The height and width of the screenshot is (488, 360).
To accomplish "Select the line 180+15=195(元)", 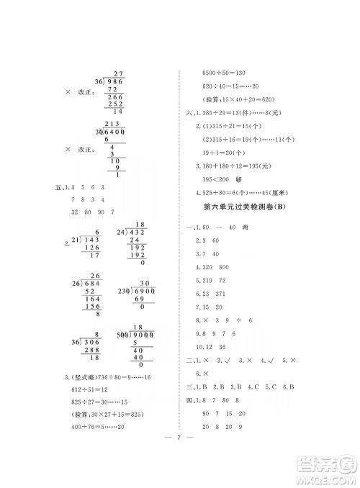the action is (x=232, y=166).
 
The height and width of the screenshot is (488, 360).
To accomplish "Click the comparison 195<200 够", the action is (x=222, y=178).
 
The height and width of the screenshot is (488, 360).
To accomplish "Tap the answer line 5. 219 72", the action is (x=217, y=279).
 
